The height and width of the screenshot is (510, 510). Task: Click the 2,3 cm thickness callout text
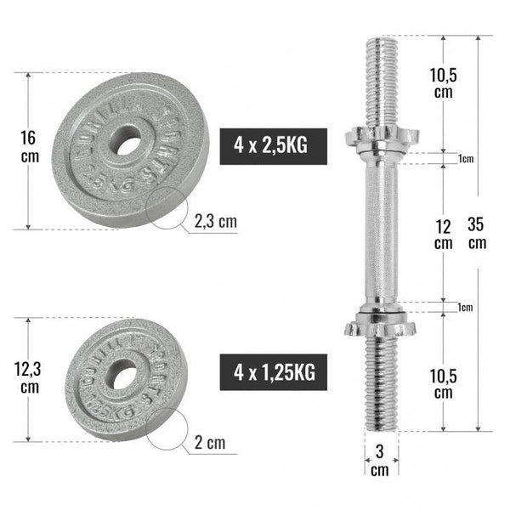216,222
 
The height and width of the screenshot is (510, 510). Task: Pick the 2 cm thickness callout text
210,443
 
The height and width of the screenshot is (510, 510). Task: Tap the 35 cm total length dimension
477,234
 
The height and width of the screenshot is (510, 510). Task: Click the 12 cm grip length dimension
443,233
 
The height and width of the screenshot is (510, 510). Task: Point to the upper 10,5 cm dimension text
443,83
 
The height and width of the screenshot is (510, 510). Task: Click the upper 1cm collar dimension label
464,159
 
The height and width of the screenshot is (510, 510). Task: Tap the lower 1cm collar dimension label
464,307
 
